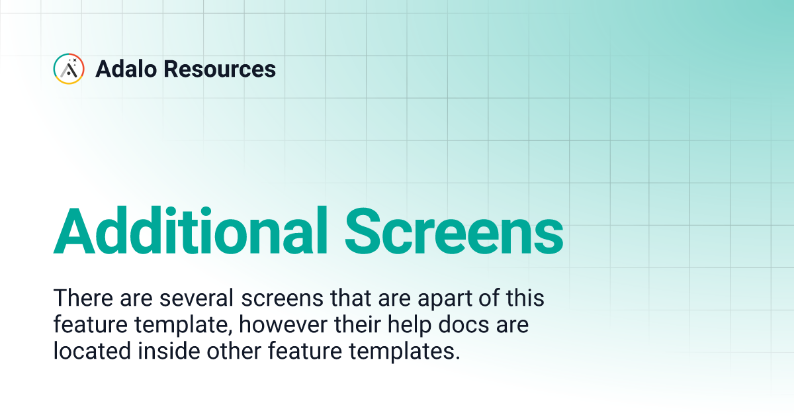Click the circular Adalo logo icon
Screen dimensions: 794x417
(69, 69)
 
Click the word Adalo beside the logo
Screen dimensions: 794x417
(126, 69)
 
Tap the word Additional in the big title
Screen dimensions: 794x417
(190, 230)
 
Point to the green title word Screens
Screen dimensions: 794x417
(454, 231)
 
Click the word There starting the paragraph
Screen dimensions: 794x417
(83, 297)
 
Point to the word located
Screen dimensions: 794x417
(92, 351)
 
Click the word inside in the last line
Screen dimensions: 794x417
(169, 351)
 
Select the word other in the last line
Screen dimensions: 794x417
(234, 351)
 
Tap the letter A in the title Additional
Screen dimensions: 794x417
(74, 230)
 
